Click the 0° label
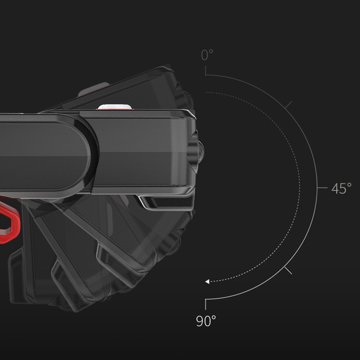207,55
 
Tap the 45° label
342,188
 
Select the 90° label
206,321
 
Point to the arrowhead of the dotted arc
207,282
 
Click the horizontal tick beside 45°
322,188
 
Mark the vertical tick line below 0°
206,71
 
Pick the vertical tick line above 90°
206,305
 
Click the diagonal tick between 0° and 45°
288,105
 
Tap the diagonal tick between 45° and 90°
288,270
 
